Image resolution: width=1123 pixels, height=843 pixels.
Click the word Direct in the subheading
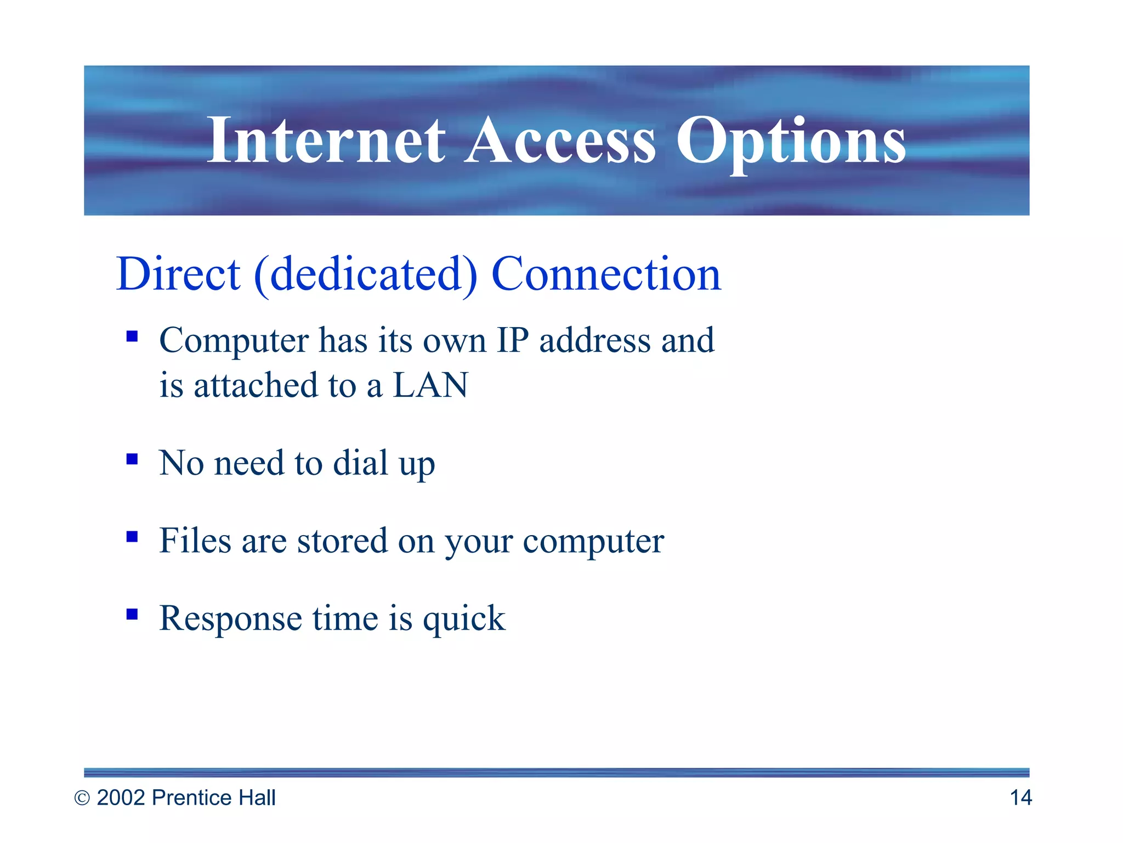click(178, 274)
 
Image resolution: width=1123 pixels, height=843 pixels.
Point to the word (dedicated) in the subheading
click(366, 275)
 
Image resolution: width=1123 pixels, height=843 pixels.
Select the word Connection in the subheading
click(606, 274)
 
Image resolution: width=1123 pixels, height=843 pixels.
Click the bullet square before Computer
click(132, 336)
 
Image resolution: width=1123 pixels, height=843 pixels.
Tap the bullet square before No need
click(132, 459)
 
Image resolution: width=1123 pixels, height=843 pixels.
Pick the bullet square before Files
click(132, 536)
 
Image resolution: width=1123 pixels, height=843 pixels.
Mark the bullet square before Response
click(132, 614)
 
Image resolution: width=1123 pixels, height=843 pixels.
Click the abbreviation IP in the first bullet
click(513, 340)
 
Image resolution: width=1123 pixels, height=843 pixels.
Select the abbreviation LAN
click(430, 385)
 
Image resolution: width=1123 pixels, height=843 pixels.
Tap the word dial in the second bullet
click(361, 463)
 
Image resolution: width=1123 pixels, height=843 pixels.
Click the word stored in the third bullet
click(342, 541)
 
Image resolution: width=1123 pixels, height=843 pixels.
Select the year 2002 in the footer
click(121, 798)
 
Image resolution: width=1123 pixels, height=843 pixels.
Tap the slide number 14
click(1020, 798)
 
